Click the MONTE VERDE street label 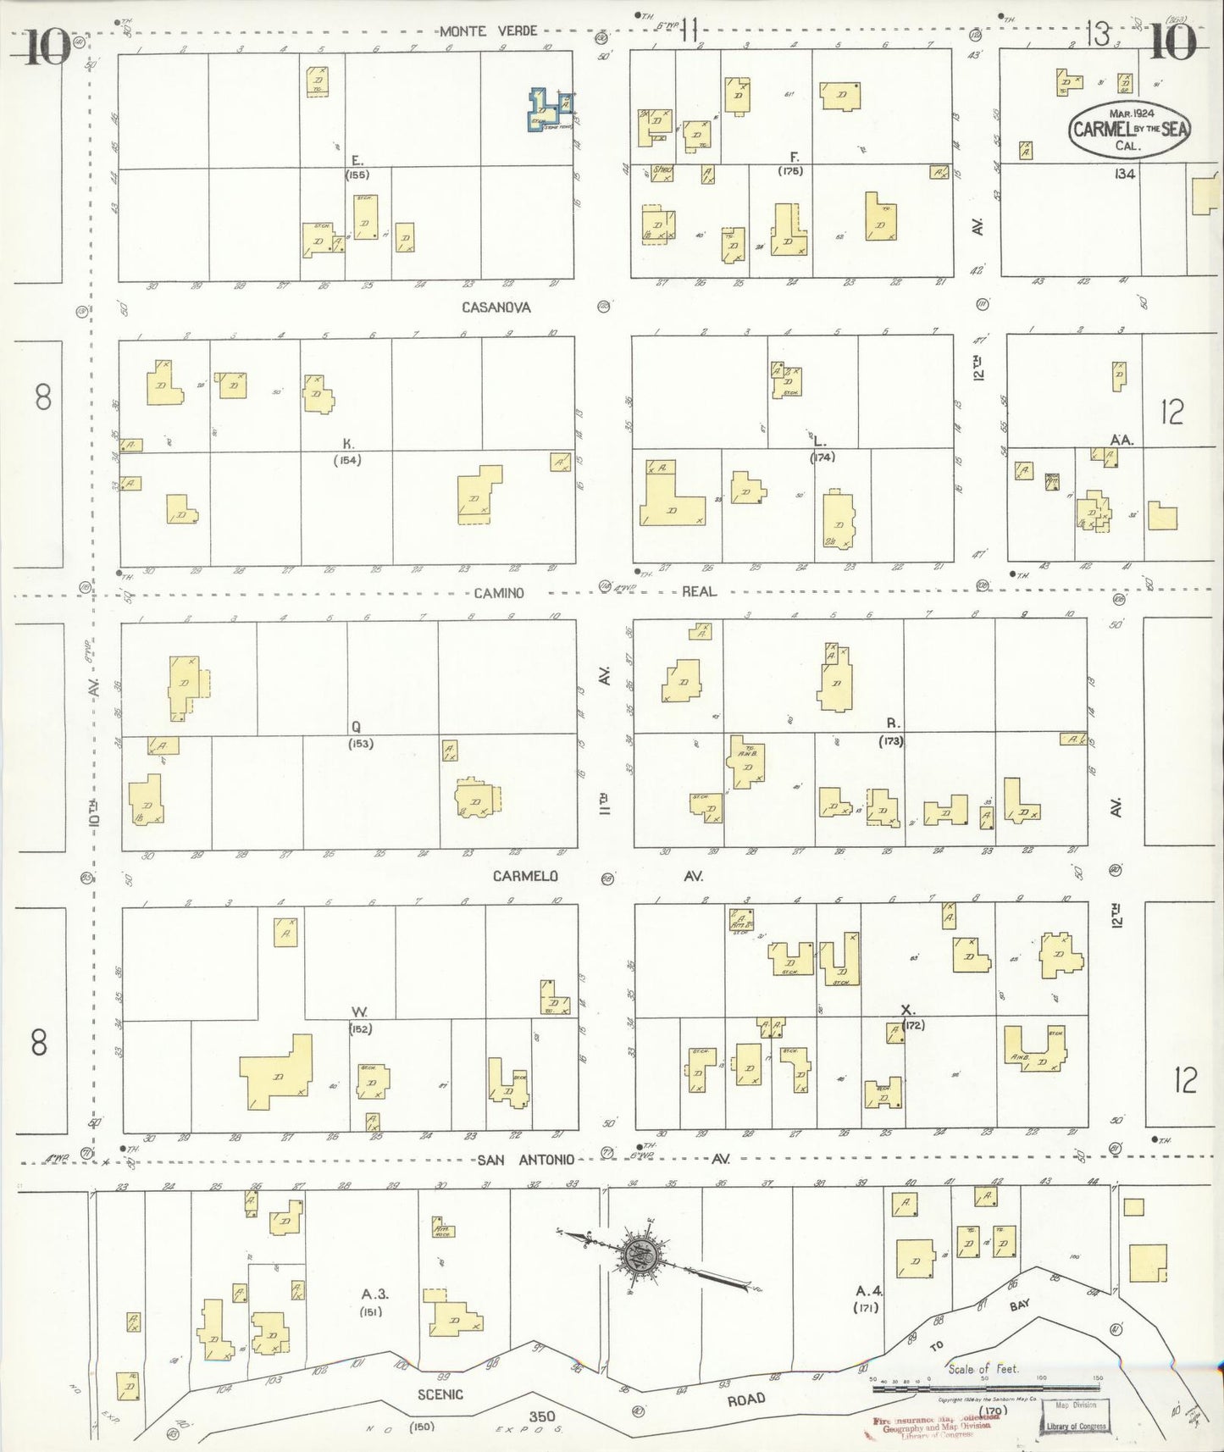488,31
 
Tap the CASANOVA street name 496,307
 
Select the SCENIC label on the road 440,1394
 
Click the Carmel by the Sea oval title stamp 1128,129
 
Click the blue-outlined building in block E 549,111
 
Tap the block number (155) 357,175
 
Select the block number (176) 791,171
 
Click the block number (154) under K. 348,460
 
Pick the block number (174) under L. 822,457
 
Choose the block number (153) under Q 360,744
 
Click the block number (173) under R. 891,740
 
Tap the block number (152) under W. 361,1028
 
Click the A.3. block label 374,1294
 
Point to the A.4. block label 869,1291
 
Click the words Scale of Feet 983,1368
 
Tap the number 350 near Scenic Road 542,1416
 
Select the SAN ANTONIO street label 525,1159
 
